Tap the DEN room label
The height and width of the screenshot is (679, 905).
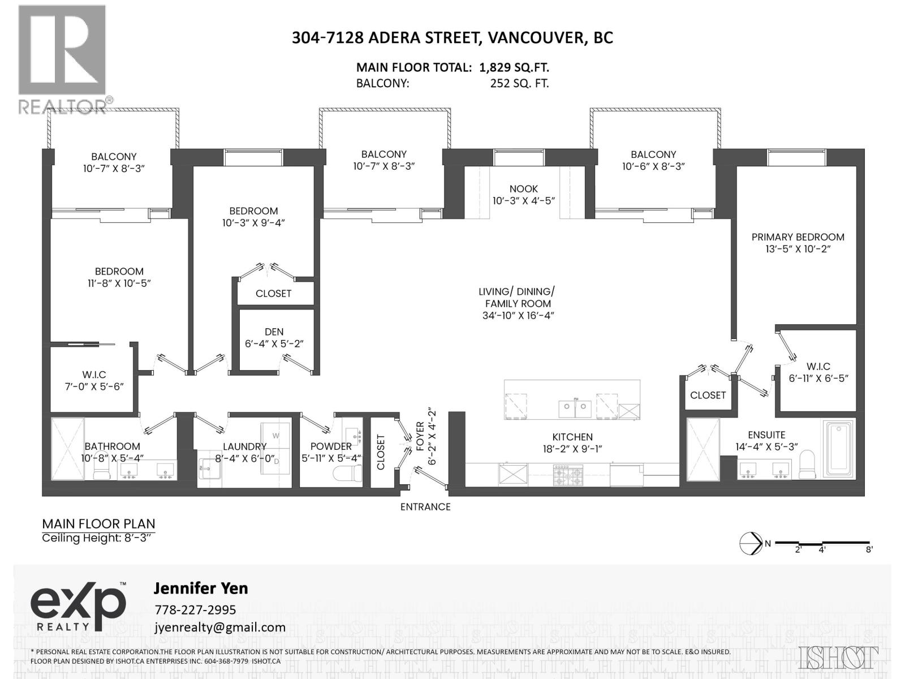pyautogui.click(x=274, y=332)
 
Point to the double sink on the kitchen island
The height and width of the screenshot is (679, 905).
pyautogui.click(x=575, y=407)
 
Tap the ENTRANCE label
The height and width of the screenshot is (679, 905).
pyautogui.click(x=425, y=507)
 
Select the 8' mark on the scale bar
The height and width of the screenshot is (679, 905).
pyautogui.click(x=869, y=549)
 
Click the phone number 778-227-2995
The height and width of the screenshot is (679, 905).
pyautogui.click(x=195, y=610)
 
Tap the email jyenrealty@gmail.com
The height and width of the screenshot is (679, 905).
pyautogui.click(x=219, y=627)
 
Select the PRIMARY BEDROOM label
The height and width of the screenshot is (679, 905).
pyautogui.click(x=798, y=237)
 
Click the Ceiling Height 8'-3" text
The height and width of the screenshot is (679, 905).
pyautogui.click(x=97, y=538)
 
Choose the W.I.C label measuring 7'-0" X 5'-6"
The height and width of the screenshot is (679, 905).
pyautogui.click(x=93, y=375)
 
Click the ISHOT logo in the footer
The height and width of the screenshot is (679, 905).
pyautogui.click(x=839, y=657)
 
